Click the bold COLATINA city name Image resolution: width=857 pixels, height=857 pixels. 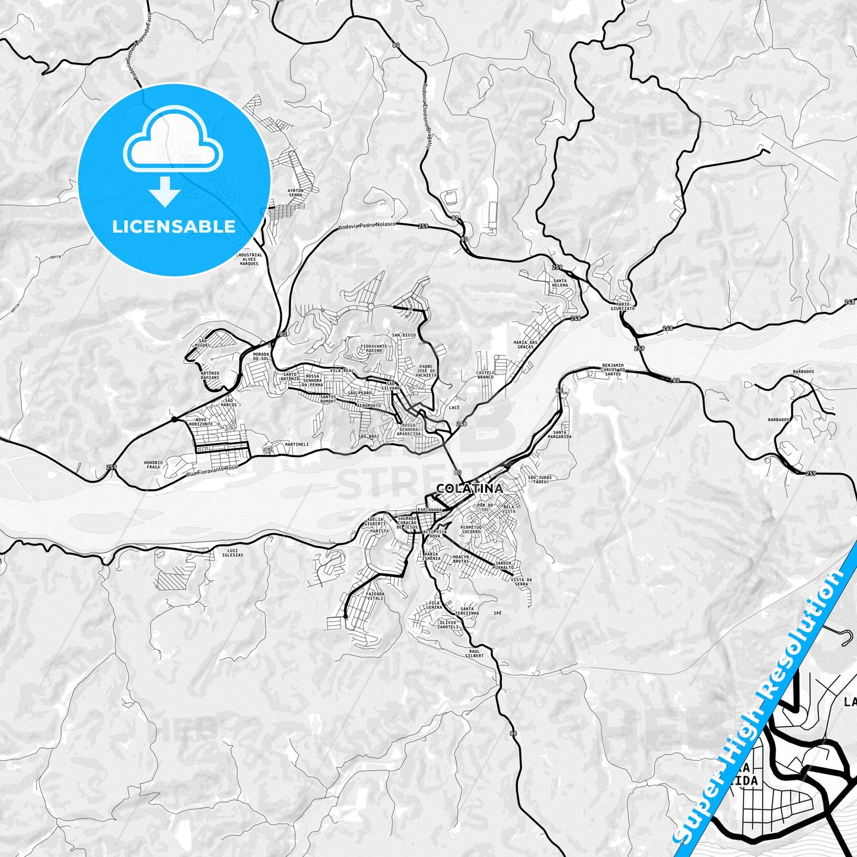469,488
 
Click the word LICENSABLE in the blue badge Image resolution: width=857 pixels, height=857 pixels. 174,226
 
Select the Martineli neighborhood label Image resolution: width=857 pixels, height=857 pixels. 297,444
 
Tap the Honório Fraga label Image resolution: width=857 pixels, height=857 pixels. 153,464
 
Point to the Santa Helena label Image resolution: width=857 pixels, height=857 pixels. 560,282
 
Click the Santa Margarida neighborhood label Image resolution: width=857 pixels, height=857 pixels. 562,434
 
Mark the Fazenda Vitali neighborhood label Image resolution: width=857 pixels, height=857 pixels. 375,595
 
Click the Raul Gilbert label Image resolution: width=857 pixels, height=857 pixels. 474,653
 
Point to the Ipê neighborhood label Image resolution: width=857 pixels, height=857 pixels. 498,613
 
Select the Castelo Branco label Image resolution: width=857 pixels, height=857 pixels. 485,375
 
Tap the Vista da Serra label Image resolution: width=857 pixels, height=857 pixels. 521,582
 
